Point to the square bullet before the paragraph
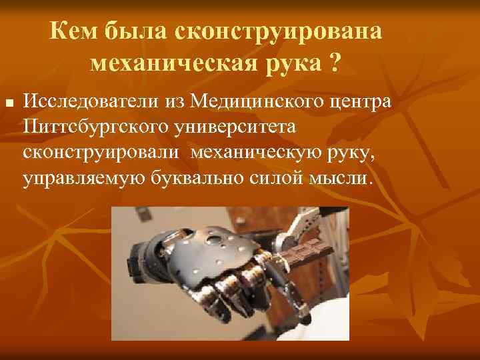[x=9, y=105]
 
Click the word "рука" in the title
[x=293, y=65]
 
